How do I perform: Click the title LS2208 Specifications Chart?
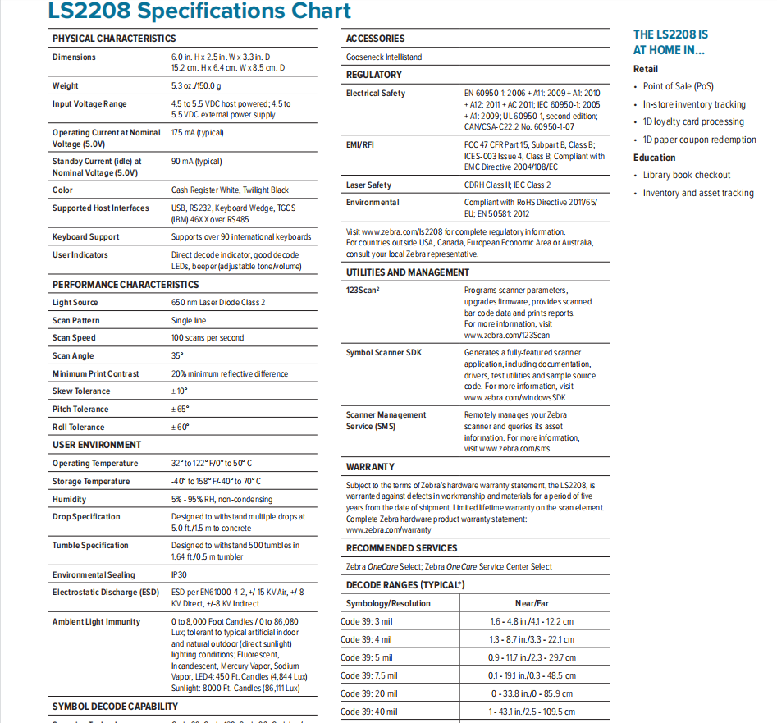tap(199, 11)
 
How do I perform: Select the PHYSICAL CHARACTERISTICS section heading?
tap(114, 39)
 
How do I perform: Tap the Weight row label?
tap(66, 86)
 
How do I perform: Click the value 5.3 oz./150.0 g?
tap(196, 86)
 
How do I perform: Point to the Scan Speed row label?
tap(74, 338)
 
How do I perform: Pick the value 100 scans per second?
tap(208, 338)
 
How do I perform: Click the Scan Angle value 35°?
tap(177, 356)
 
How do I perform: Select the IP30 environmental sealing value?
tap(180, 575)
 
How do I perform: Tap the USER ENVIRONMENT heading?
tap(97, 445)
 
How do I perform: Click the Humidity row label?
tap(69, 500)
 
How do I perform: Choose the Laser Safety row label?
tap(368, 185)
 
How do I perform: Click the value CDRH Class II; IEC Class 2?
tap(507, 185)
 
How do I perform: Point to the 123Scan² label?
tap(363, 291)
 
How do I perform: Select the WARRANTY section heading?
tap(370, 467)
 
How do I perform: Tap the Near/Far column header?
tap(532, 603)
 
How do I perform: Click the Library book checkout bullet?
tap(686, 175)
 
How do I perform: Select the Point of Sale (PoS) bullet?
tap(678, 86)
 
